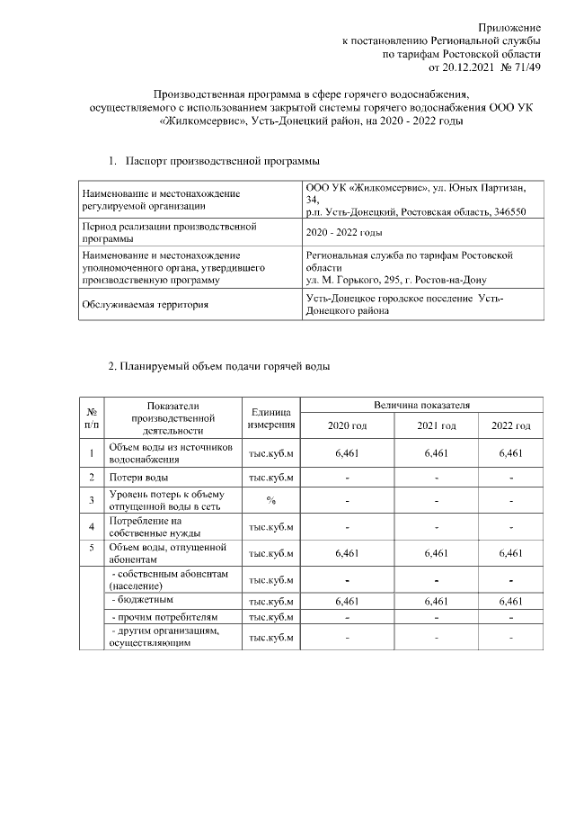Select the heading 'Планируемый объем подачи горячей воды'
218,366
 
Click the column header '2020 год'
347,425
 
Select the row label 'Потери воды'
138,477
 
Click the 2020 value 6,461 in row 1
347,453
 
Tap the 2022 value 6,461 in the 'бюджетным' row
510,599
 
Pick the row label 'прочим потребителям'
164,617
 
